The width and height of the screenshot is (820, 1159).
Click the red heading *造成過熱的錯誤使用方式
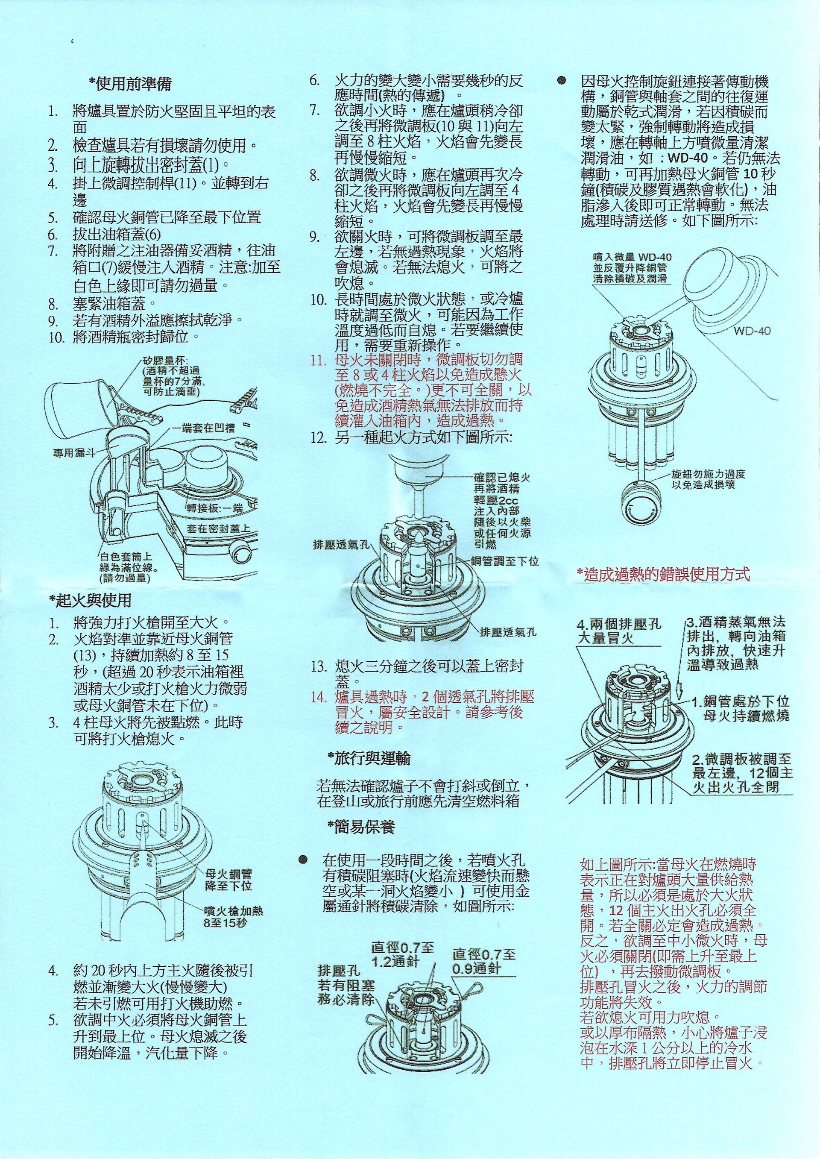point(663,574)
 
